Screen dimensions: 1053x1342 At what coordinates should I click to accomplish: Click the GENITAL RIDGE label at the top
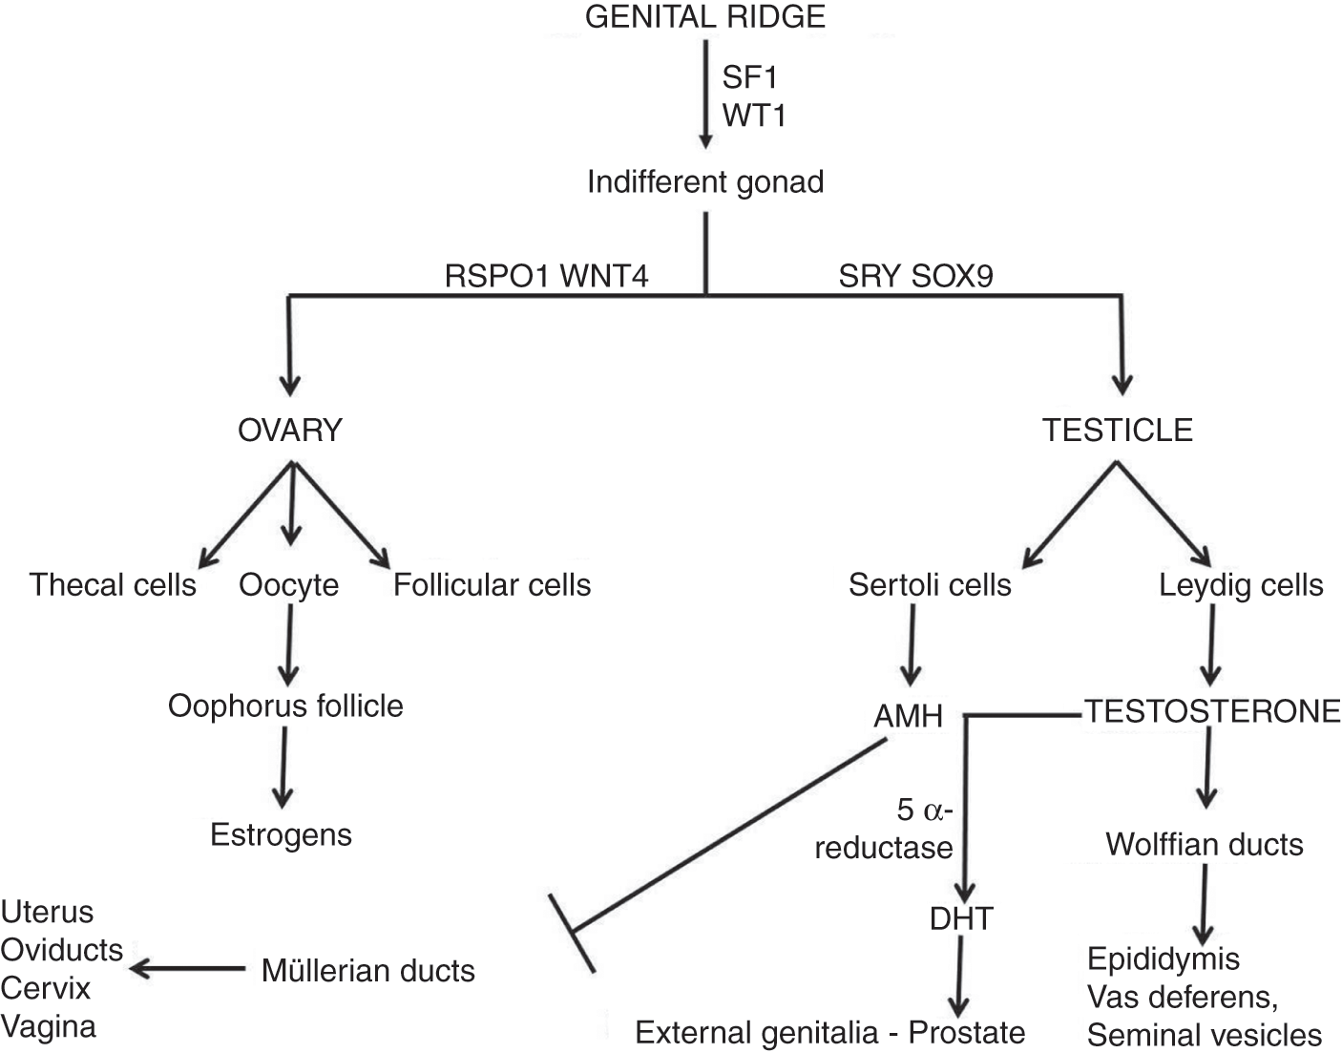704,16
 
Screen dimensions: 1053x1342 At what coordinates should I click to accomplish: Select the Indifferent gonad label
704,181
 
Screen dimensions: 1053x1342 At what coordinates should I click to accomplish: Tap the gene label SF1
750,76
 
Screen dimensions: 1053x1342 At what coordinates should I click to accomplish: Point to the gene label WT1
754,115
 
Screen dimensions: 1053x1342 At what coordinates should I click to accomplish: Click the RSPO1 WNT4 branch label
547,276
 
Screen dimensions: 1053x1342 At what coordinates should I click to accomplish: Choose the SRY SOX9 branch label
915,276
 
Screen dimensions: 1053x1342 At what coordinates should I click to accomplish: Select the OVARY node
289,431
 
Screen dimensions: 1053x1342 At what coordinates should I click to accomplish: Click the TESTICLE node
1117,431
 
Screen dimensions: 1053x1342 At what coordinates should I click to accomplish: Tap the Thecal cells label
113,584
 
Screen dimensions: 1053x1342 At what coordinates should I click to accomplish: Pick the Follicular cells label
492,584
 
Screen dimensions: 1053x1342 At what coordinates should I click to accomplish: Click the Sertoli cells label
929,584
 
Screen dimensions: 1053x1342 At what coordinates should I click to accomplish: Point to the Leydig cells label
1241,584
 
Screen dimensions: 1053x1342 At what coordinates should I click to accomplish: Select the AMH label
908,715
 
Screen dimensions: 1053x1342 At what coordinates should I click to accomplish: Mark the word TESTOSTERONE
1212,711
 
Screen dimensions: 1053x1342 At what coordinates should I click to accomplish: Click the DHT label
960,918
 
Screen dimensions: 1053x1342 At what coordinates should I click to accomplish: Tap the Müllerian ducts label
367,971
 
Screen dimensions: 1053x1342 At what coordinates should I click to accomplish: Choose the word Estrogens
281,834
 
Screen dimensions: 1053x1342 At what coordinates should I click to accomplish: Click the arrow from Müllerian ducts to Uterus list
187,969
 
